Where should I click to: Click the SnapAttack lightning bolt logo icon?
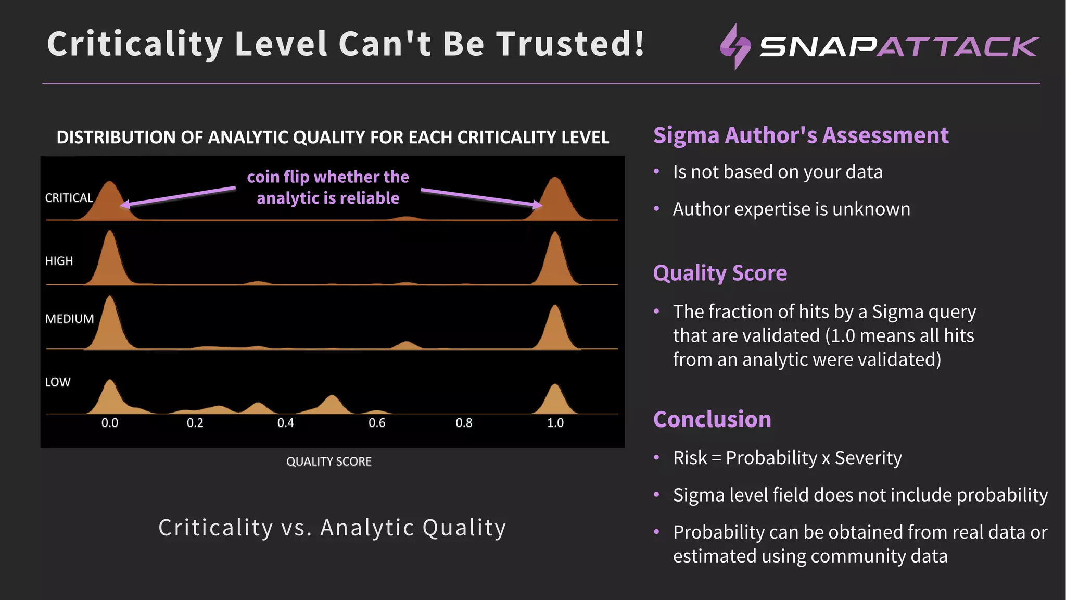coord(735,46)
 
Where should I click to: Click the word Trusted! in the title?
coord(570,44)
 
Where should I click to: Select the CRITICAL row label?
coord(69,198)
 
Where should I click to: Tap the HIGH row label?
coord(59,261)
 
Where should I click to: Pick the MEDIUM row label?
coord(69,319)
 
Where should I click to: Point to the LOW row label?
coord(57,382)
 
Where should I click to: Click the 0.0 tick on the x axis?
coord(109,422)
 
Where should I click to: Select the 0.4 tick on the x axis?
coord(285,422)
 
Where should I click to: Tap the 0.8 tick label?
coord(464,422)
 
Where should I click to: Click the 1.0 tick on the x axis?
coord(555,422)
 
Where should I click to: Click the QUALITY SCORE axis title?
coord(328,461)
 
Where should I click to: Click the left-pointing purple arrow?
coord(177,197)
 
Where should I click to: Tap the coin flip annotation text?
coord(328,187)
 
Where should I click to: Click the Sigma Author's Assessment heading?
coord(801,135)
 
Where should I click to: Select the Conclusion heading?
coord(712,419)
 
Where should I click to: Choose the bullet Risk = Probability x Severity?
coord(786,458)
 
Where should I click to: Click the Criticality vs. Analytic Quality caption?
coord(332,528)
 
